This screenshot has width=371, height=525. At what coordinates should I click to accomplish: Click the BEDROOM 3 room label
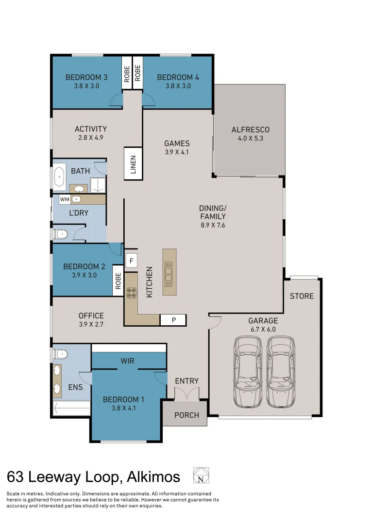(86, 77)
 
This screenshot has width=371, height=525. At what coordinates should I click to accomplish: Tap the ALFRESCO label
(250, 130)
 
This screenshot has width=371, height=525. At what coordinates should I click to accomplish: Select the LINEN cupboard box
(133, 164)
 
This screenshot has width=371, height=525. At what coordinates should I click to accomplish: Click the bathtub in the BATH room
(59, 178)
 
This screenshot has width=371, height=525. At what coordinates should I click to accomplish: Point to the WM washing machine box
(65, 199)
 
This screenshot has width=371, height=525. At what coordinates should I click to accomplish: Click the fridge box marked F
(131, 261)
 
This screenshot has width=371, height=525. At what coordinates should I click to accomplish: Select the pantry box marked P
(173, 320)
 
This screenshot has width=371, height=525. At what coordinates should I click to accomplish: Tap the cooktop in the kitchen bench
(131, 293)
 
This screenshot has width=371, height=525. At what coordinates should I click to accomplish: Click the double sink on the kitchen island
(169, 273)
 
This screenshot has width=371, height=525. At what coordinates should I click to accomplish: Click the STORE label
(302, 296)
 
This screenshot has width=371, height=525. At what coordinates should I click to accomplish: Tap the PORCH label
(186, 415)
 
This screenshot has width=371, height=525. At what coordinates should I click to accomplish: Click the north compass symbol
(201, 475)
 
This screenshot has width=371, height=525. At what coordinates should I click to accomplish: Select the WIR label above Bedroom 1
(128, 361)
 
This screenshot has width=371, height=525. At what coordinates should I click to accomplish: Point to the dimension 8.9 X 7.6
(213, 225)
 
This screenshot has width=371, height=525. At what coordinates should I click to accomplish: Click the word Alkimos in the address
(153, 477)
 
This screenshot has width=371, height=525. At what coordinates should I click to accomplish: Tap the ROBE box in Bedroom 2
(118, 280)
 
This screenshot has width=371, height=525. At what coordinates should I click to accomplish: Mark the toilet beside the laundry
(61, 234)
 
